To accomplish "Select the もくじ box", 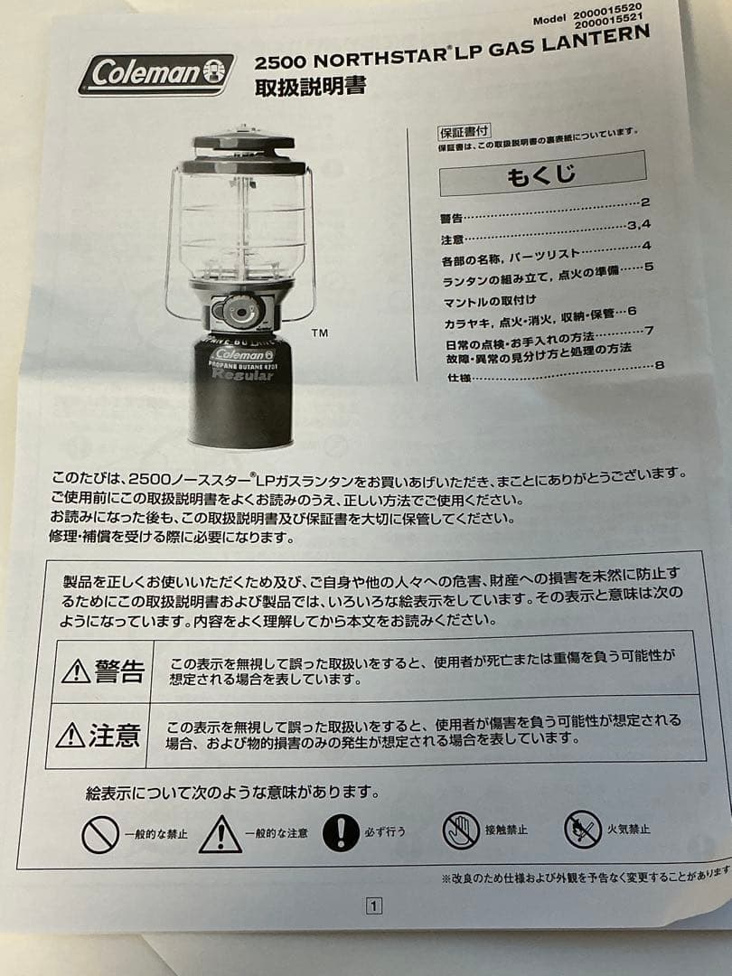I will [542, 173].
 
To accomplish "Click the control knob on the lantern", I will [239, 313].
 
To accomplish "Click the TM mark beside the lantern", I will [319, 333].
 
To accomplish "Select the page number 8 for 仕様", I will [659, 366].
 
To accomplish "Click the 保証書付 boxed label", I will [465, 131].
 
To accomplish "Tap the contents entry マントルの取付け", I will [491, 299].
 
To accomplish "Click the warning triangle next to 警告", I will [76, 671].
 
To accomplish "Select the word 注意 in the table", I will [116, 735].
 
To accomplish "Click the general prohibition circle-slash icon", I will [99, 834].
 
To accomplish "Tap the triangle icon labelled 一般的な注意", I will [221, 834].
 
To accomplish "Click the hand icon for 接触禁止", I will [461, 830].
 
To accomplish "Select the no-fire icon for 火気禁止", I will [582, 829].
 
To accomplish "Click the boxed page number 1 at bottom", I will [374, 906].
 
